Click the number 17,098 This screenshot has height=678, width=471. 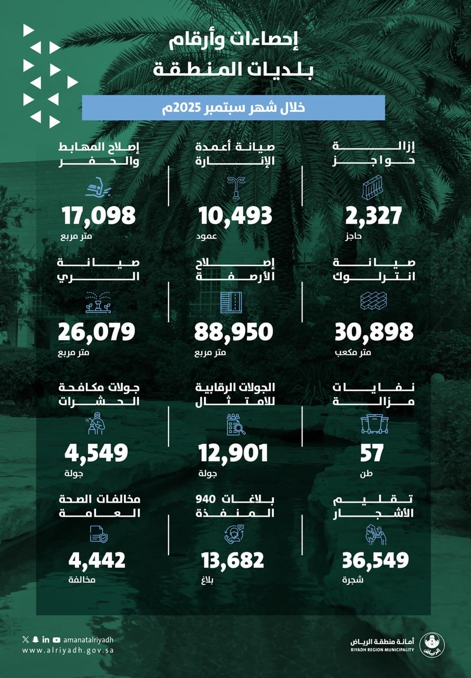pyautogui.click(x=99, y=216)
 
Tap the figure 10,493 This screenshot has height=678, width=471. pyautogui.click(x=235, y=216)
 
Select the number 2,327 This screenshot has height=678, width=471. pyautogui.click(x=373, y=216)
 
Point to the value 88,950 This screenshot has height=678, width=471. pyautogui.click(x=234, y=332)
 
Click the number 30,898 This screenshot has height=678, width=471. pyautogui.click(x=374, y=332)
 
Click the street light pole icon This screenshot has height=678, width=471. pyautogui.click(x=233, y=186)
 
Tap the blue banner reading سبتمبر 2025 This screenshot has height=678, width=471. pyautogui.click(x=233, y=108)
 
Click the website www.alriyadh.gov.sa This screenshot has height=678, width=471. pyautogui.click(x=68, y=650)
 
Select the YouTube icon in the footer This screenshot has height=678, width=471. pyautogui.click(x=57, y=640)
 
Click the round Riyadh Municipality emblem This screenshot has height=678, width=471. pyautogui.click(x=432, y=644)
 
